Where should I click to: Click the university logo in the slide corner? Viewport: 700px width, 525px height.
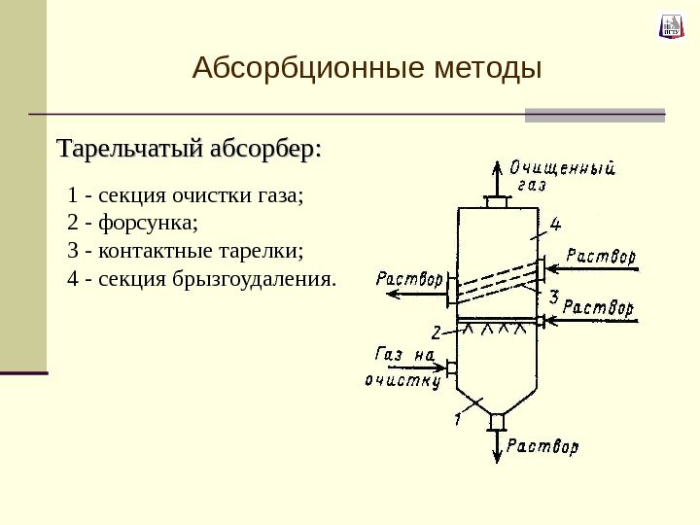pyautogui.click(x=671, y=26)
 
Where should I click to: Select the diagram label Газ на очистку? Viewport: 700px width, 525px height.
pyautogui.click(x=402, y=367)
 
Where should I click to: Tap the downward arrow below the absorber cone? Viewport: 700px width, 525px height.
pyautogui.click(x=498, y=444)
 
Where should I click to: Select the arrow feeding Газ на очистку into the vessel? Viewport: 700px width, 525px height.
pyautogui.click(x=408, y=367)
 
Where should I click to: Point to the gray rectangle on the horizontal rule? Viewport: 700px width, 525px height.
pyautogui.click(x=595, y=115)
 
